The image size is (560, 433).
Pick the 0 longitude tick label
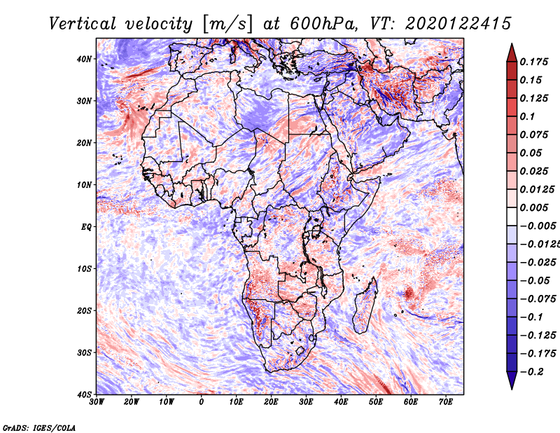click(202, 401)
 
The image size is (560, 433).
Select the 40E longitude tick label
click(341, 401)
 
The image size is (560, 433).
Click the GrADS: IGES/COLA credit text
click(39, 427)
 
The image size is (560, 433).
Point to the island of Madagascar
click(363, 305)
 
